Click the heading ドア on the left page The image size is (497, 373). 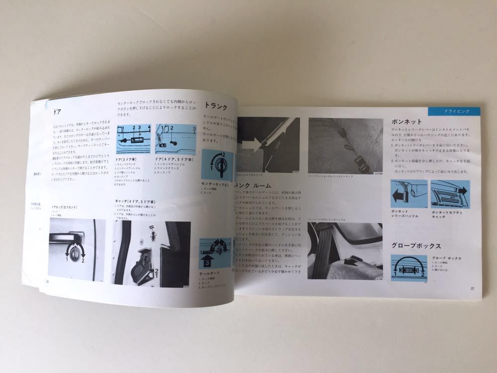click(59, 112)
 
